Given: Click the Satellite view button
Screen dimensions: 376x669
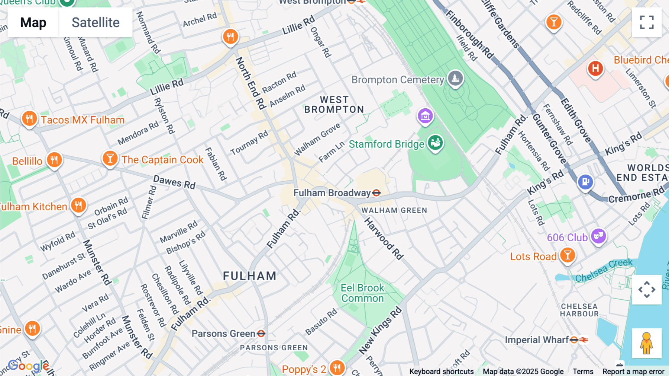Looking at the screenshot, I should [x=96, y=22].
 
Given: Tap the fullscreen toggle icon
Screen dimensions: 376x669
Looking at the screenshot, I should [x=647, y=22].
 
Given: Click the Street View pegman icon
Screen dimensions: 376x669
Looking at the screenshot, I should [x=647, y=343].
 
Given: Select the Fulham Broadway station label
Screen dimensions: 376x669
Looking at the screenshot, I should [x=332, y=193].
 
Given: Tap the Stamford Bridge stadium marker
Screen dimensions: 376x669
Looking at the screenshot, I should [x=435, y=143].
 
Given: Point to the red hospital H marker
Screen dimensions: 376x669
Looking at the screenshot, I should [x=595, y=68].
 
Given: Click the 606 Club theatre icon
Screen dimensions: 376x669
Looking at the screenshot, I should [x=598, y=236].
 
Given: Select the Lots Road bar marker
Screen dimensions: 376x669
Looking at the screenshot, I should [x=568, y=255].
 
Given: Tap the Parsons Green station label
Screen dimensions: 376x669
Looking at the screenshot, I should [x=223, y=334].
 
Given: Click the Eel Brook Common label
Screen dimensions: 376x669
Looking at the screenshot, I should [x=362, y=293].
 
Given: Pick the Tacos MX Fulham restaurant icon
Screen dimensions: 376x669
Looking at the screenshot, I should [x=29, y=119].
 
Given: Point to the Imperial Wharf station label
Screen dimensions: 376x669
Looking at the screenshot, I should [x=536, y=340].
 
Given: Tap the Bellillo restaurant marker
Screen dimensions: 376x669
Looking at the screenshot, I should [x=54, y=160].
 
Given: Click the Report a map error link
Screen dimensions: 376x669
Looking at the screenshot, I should [x=633, y=372].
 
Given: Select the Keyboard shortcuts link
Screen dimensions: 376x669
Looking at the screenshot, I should [x=441, y=372].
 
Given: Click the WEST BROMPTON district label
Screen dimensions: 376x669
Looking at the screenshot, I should [x=334, y=105].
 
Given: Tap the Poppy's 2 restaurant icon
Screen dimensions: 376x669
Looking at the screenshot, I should [x=337, y=368].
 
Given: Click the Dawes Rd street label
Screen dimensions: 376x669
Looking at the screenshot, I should [x=174, y=182].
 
